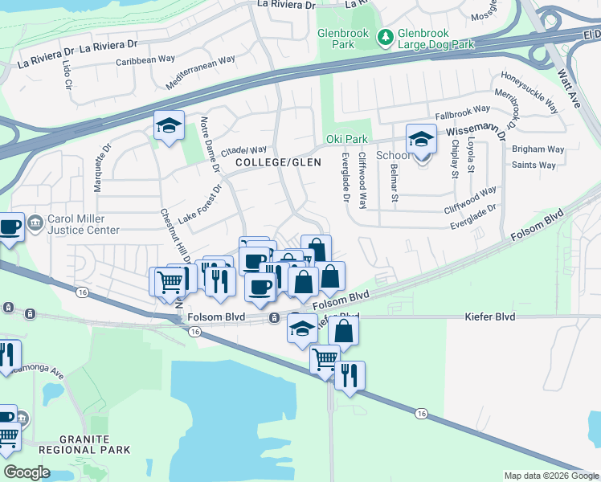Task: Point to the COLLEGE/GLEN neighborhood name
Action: tap(278, 162)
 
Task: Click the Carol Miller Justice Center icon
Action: tap(35, 224)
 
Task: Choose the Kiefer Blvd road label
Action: tap(489, 317)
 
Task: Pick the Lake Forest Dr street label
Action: tap(199, 205)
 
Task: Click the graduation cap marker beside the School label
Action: tap(420, 139)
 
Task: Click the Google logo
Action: tap(27, 472)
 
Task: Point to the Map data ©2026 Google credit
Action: tap(550, 476)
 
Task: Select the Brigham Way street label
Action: tap(538, 149)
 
